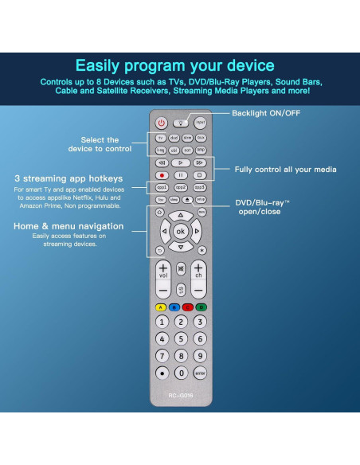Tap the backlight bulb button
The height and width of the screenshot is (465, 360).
180,123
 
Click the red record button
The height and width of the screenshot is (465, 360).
161,174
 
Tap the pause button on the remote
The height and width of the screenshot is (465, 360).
180,174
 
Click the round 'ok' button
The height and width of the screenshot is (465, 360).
180,232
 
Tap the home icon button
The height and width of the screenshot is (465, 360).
160,213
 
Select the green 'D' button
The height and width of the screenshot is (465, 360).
202,307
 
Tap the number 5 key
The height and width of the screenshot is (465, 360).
181,338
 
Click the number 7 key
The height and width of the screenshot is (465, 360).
161,356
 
